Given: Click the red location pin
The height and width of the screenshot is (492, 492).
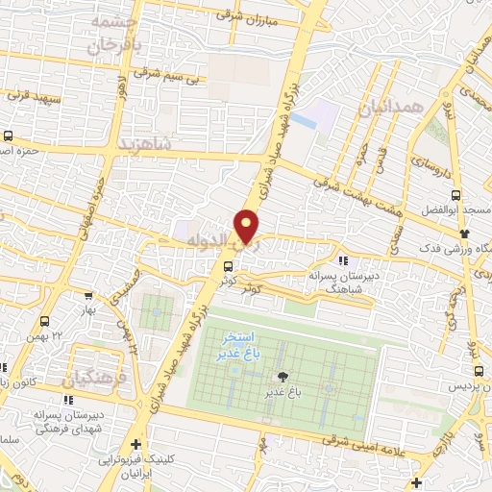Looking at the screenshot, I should point(248,228).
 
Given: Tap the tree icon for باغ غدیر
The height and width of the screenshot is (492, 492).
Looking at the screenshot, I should point(283,377).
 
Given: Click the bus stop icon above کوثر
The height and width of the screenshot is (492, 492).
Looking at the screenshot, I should point(228,266).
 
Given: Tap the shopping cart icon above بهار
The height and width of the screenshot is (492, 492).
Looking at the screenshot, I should point(89,298).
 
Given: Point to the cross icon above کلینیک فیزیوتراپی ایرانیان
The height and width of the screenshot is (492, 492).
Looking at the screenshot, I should point(137,445).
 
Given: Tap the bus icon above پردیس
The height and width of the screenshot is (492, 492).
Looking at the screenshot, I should point(478,370).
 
